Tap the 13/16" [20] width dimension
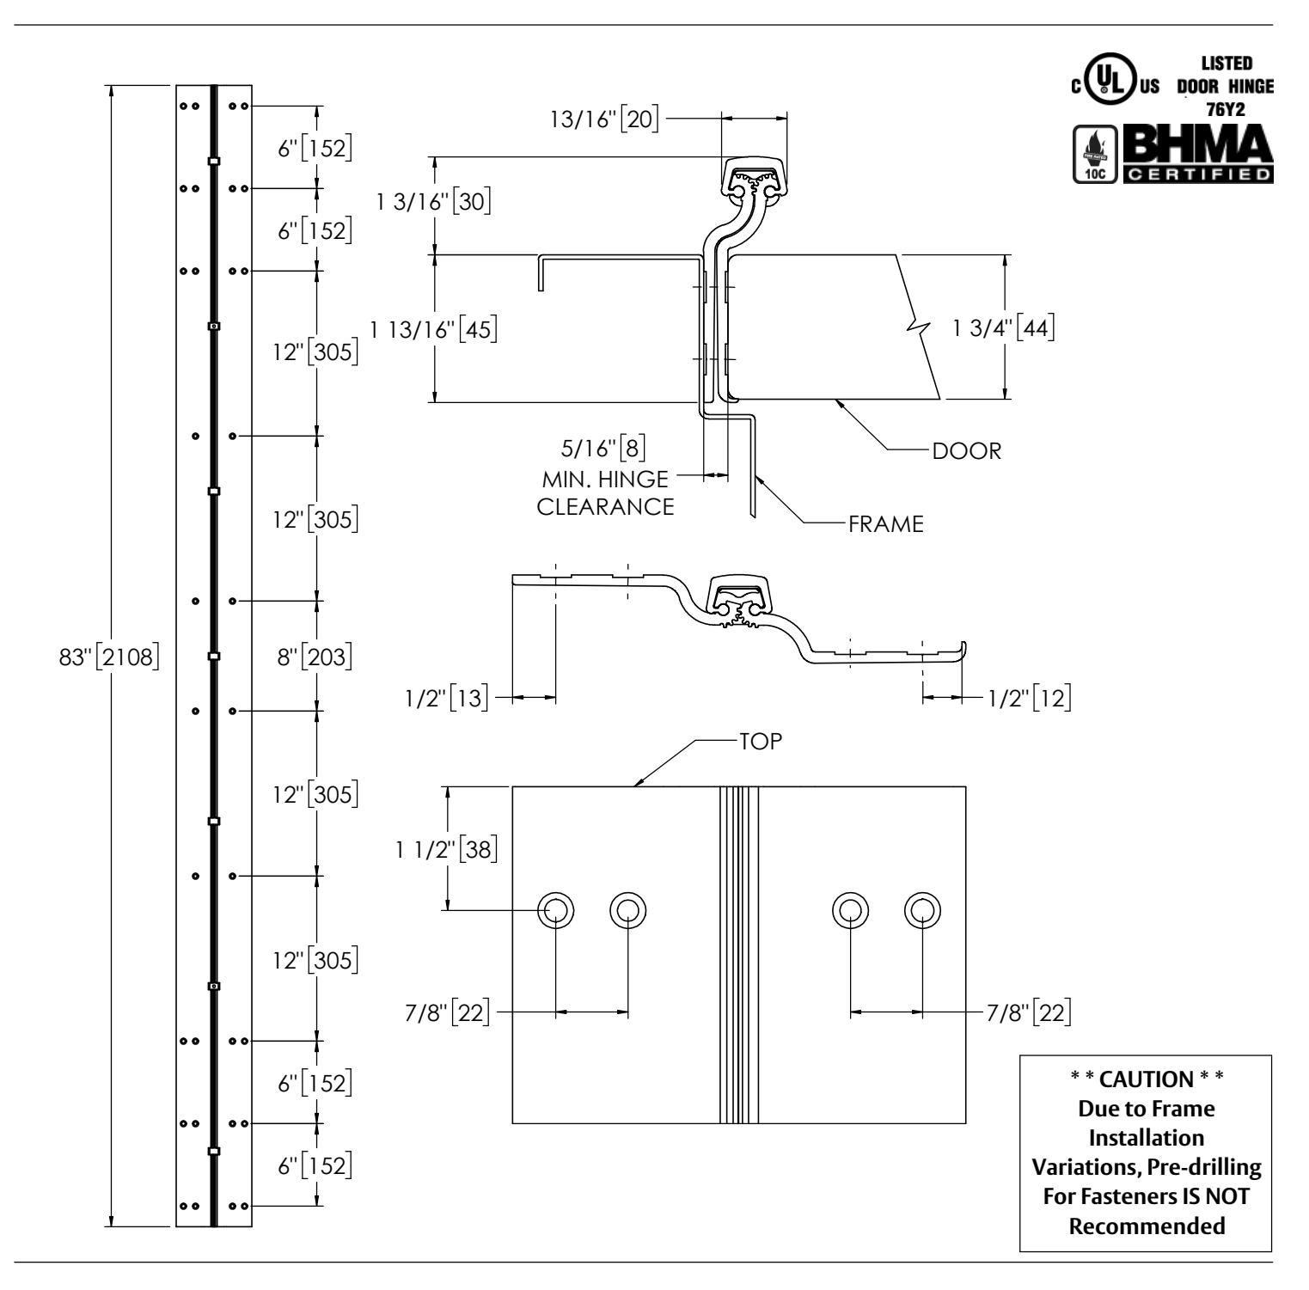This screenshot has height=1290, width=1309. pyautogui.click(x=605, y=119)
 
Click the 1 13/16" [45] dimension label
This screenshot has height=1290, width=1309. pyautogui.click(x=434, y=330)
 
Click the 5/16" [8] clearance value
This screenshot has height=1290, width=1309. pyautogui.click(x=603, y=449)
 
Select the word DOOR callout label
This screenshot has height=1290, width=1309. pyautogui.click(x=967, y=451)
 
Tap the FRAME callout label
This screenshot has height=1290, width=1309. pyautogui.click(x=886, y=524)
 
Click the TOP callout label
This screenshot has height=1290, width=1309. pyautogui.click(x=761, y=742)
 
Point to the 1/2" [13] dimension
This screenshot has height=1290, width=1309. pyautogui.click(x=447, y=700)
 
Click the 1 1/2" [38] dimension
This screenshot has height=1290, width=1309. pyautogui.click(x=447, y=850)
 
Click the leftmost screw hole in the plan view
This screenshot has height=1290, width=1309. pyautogui.click(x=556, y=909)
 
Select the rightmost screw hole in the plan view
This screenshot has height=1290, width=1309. pyautogui.click(x=922, y=909)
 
